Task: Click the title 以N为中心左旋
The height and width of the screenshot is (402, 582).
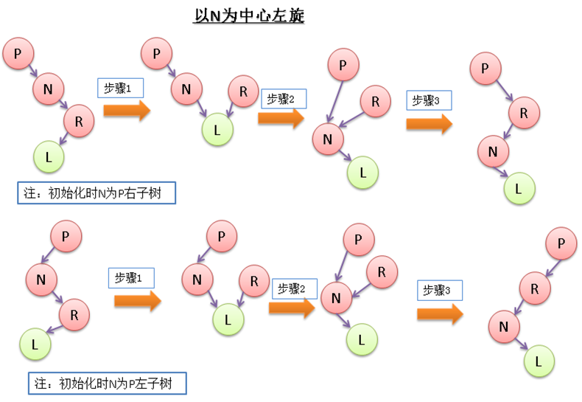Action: click(x=248, y=15)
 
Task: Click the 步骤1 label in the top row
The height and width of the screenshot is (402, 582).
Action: click(x=119, y=89)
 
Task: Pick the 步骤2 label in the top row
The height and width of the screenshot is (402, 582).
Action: click(x=281, y=99)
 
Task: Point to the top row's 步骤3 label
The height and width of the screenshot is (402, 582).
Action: click(x=428, y=100)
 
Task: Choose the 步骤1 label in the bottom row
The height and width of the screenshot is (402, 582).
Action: click(x=131, y=277)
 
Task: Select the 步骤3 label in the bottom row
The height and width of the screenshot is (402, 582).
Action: click(x=439, y=290)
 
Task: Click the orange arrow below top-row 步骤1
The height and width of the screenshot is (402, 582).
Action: click(x=127, y=111)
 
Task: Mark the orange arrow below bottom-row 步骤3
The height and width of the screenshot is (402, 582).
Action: click(x=440, y=313)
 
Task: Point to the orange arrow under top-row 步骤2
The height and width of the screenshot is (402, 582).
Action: click(x=281, y=119)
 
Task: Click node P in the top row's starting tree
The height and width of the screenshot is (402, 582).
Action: click(x=17, y=54)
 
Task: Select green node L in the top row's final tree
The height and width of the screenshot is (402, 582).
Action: click(x=519, y=189)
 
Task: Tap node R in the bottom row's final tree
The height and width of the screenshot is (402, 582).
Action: click(x=535, y=288)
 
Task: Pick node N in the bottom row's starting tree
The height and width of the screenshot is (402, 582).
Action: click(x=41, y=279)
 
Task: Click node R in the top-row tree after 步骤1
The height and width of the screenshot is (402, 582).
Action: click(x=242, y=91)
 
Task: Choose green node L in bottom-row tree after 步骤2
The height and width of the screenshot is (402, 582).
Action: click(x=361, y=339)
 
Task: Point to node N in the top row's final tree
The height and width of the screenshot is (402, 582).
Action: click(x=493, y=151)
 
